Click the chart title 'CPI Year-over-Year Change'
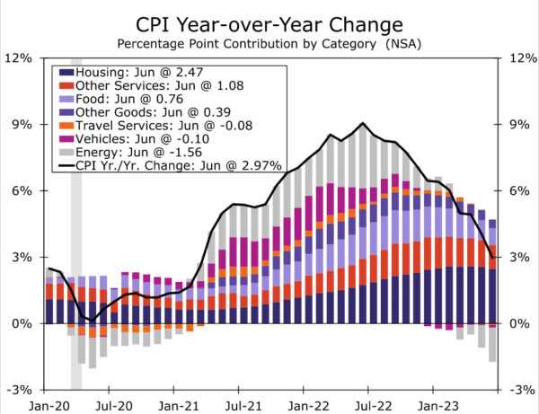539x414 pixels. [269, 22]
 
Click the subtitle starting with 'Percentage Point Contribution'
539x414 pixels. [269, 42]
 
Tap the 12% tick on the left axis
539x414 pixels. [20, 57]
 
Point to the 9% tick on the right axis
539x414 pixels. [521, 124]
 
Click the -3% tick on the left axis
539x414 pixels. [20, 390]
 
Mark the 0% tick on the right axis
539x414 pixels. [521, 323]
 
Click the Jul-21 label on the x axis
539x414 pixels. [239, 404]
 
